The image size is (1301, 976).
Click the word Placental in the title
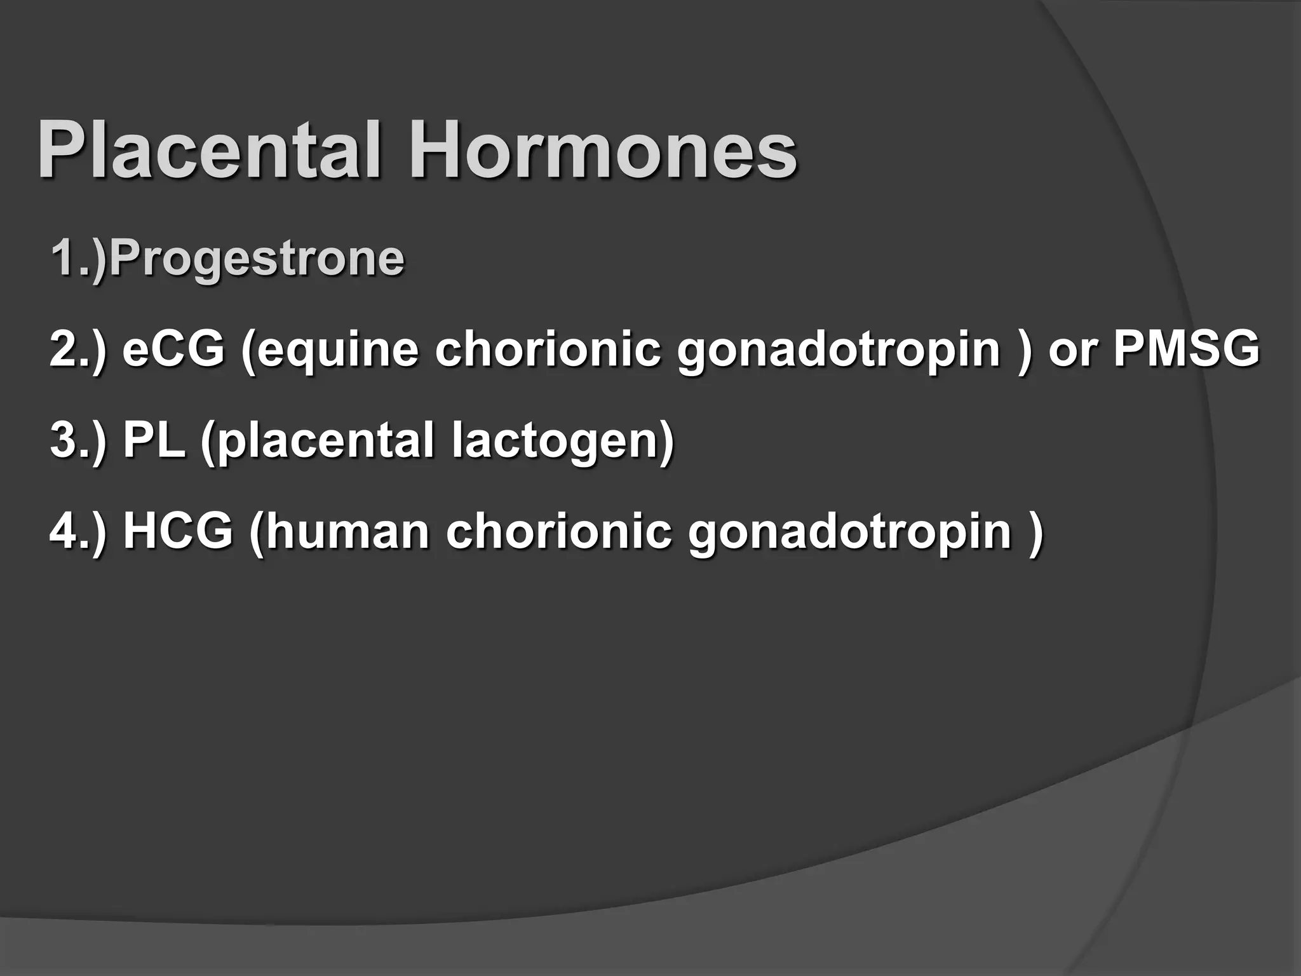click(x=210, y=151)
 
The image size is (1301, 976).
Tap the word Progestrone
click(x=257, y=259)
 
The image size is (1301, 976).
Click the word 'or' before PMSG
click(x=1073, y=349)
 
